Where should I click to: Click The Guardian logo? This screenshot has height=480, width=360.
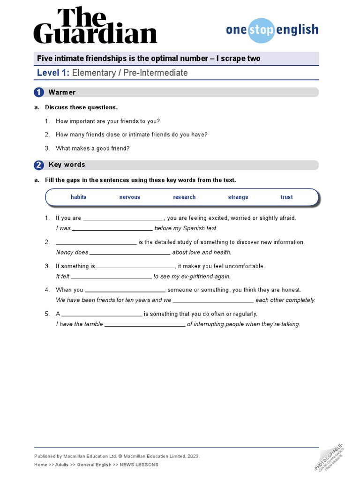pos(95,27)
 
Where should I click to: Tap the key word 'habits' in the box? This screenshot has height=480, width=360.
pos(78,197)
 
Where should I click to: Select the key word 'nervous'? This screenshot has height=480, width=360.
pos(129,197)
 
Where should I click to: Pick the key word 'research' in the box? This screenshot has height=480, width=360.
pos(184,197)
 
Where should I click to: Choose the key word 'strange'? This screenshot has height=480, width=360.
pos(238,197)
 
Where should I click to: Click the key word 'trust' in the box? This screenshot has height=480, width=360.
pos(286,197)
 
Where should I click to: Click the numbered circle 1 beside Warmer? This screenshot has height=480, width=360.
pos(39,92)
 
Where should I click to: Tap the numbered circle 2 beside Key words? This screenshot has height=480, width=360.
pos(39,165)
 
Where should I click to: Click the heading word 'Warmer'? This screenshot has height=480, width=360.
pos(62,92)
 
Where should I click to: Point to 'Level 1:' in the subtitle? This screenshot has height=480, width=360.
pos(53,73)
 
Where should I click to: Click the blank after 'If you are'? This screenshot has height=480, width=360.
pos(123,219)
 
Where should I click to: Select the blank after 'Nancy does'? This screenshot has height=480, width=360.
pos(130,253)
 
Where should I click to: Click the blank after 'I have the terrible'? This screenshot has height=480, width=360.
pos(145,325)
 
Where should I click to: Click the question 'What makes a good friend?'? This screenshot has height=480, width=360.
pos(92,149)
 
